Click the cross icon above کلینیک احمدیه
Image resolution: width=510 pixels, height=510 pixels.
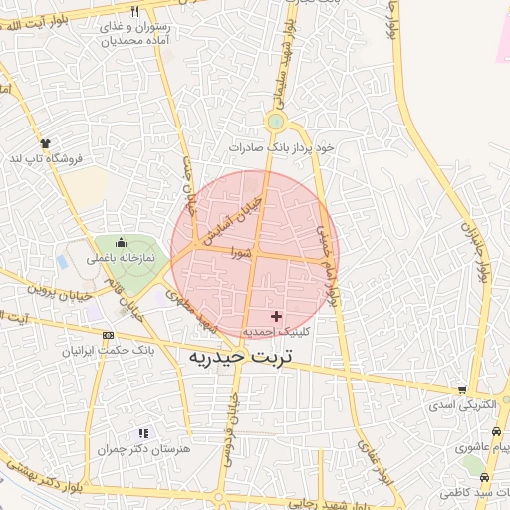(x=277, y=315)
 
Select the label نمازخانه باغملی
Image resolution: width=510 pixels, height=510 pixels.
(x=121, y=258)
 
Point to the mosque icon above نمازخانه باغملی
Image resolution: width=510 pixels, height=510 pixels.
(x=122, y=242)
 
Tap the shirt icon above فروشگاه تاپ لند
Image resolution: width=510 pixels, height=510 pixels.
(x=45, y=143)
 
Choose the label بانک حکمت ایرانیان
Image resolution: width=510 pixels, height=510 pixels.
(x=107, y=351)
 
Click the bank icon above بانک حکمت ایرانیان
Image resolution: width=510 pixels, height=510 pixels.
(x=108, y=335)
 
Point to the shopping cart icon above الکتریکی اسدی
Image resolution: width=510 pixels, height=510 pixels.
(x=462, y=390)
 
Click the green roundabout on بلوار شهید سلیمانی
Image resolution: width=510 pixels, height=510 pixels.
(x=276, y=122)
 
